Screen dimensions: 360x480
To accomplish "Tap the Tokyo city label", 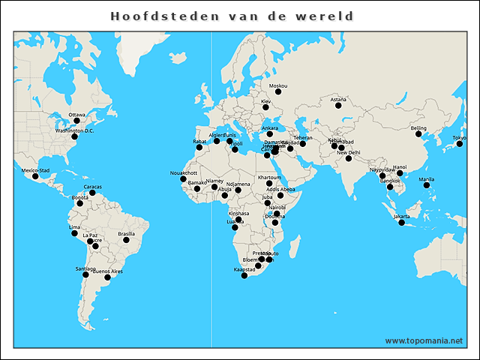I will [x=459, y=137].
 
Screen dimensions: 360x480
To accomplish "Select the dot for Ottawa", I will [x=76, y=121].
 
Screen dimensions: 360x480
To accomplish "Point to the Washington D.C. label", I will [x=74, y=130].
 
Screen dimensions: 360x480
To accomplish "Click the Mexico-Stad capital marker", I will [x=34, y=177].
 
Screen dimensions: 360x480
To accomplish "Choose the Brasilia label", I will [x=127, y=234].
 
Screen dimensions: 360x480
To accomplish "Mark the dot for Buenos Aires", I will [x=107, y=277].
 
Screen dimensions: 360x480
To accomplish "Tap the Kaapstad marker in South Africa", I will [x=244, y=276].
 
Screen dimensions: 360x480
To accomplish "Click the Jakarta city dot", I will [x=402, y=223].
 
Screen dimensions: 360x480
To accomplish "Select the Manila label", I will [x=426, y=179].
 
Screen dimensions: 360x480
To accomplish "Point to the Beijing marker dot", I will [x=418, y=133].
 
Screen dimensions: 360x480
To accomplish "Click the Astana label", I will [x=338, y=100].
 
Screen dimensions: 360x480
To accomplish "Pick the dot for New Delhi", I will [x=349, y=158].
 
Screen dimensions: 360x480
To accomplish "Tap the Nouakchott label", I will [x=184, y=172].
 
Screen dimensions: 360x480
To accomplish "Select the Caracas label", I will [x=93, y=187].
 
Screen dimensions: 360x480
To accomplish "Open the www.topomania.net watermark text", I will [x=424, y=340].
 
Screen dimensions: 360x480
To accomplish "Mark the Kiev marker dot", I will [x=265, y=106].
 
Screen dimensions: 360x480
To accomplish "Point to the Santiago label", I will [x=85, y=268].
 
